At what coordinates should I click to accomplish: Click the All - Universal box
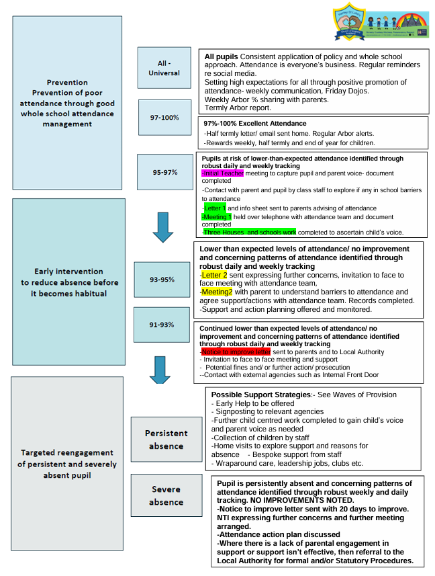(164, 68)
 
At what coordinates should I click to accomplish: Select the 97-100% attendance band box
(164, 118)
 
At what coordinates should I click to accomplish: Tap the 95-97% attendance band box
(164, 172)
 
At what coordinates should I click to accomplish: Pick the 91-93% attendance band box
(161, 325)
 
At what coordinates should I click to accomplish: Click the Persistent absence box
(166, 440)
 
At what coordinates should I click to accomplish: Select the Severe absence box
(166, 496)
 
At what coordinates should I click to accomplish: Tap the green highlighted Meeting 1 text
(217, 216)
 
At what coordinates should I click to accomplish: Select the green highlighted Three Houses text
(249, 232)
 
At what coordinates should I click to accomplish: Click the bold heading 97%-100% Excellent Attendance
(255, 124)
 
